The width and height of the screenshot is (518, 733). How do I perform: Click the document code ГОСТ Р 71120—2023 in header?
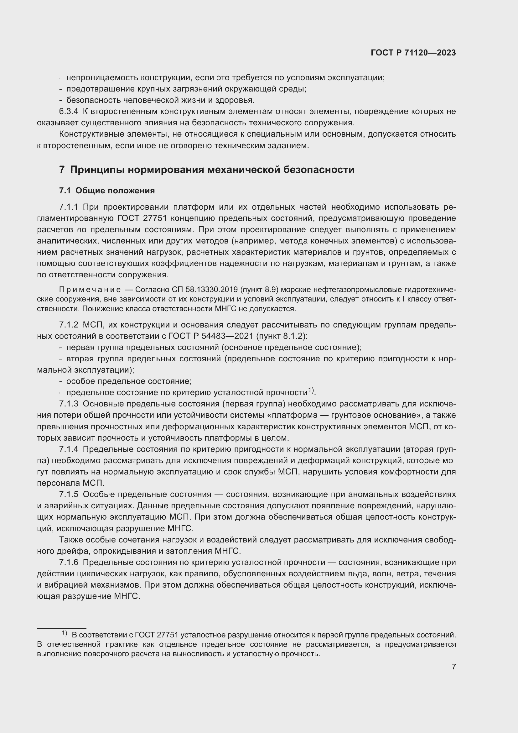[413, 53]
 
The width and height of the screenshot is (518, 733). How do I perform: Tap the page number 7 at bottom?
[453, 666]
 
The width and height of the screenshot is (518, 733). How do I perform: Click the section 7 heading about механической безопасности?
[207, 170]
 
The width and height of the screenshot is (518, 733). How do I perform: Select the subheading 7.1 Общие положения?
[107, 191]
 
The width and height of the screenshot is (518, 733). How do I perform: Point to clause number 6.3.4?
[68, 112]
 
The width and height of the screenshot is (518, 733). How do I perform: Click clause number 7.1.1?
[68, 207]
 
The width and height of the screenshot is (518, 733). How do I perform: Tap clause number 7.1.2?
[68, 325]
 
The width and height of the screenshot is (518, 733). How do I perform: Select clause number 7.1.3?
[68, 404]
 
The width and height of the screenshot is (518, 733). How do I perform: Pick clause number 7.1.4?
[68, 449]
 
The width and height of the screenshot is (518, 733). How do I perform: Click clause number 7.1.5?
[68, 495]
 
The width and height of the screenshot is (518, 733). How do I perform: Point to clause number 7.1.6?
[68, 562]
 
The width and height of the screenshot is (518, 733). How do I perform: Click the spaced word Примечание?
[90, 290]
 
